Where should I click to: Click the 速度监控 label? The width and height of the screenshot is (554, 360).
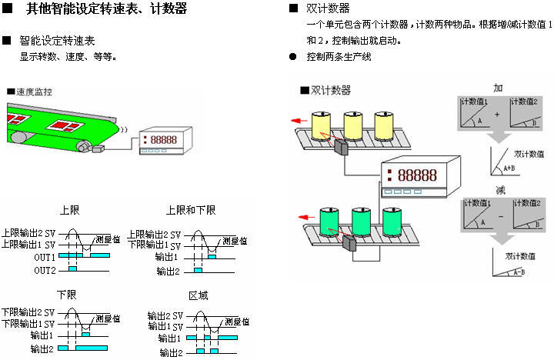point(34,92)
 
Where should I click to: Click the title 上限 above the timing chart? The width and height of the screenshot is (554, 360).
point(69,210)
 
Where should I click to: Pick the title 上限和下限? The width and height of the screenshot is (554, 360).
point(191,210)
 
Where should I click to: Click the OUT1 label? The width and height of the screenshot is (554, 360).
point(44,257)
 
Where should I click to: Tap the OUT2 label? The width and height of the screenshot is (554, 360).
point(44,270)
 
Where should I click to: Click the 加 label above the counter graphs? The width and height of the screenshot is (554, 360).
point(498,88)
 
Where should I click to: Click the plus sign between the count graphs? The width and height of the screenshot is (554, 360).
point(497,114)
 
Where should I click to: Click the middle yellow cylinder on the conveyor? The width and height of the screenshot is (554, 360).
point(354,125)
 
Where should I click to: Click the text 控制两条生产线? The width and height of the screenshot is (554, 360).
point(339,56)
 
